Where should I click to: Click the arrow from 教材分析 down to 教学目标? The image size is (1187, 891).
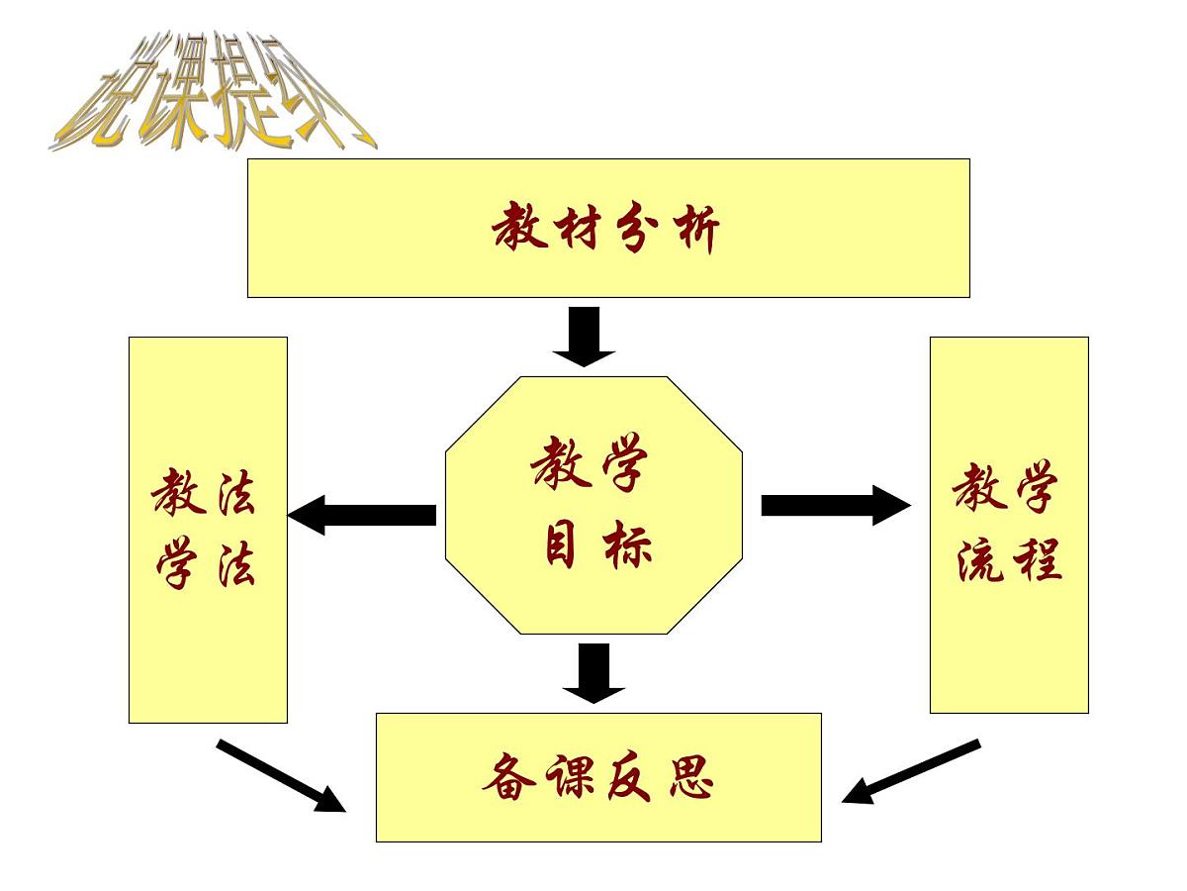(584, 336)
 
